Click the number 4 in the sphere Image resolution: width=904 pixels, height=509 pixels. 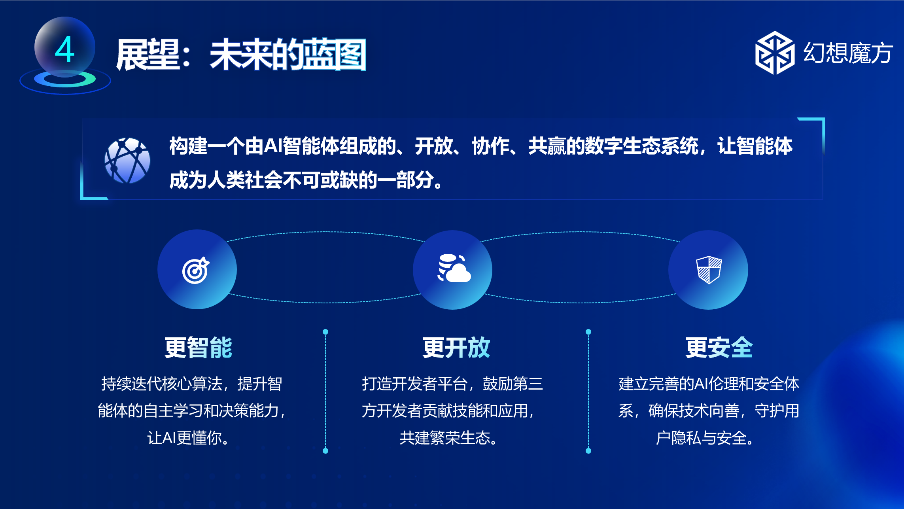coord(65,49)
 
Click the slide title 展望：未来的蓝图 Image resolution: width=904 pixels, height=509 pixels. coord(241,55)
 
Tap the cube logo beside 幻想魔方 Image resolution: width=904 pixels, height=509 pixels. coord(775,53)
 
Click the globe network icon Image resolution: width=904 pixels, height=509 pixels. coord(127,160)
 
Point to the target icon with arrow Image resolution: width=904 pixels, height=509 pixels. coord(196,270)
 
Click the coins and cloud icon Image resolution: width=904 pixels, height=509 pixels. coord(454,268)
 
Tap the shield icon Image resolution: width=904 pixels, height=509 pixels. coord(709,270)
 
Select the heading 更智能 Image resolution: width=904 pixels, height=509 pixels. coord(199,348)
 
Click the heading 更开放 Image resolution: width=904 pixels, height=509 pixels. coord(456,348)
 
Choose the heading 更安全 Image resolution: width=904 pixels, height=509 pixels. coord(719,348)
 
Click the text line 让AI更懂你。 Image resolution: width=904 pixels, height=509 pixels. coord(188,438)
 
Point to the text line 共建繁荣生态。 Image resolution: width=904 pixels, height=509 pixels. coord(449,438)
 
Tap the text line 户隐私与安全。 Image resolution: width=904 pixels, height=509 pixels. coord(705,438)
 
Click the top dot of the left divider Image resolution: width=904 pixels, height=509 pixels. coord(325,332)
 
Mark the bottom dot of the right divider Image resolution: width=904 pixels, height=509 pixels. coord(588,451)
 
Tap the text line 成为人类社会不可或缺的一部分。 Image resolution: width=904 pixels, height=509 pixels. coord(306,180)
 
